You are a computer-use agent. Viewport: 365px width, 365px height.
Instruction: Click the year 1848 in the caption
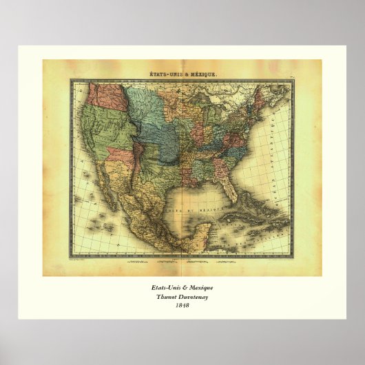(x=182, y=305)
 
